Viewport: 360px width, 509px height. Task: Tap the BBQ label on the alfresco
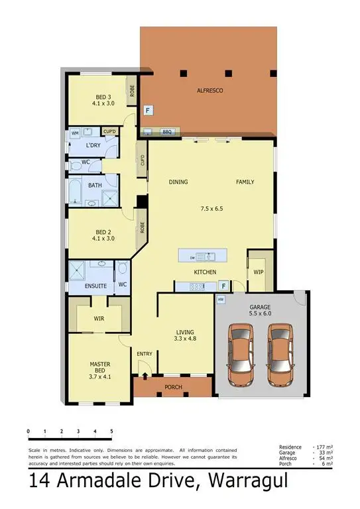tap(167, 132)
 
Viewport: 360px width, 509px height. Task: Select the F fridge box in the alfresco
tap(148, 110)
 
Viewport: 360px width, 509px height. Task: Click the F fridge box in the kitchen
tap(223, 286)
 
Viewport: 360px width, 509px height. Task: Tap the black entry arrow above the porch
tap(145, 375)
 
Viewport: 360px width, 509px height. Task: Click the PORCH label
tap(172, 387)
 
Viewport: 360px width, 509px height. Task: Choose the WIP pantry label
tap(258, 272)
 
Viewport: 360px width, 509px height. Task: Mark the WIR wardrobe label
tap(99, 318)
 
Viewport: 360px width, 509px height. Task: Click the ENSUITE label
tap(95, 286)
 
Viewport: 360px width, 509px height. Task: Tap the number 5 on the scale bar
tap(111, 431)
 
